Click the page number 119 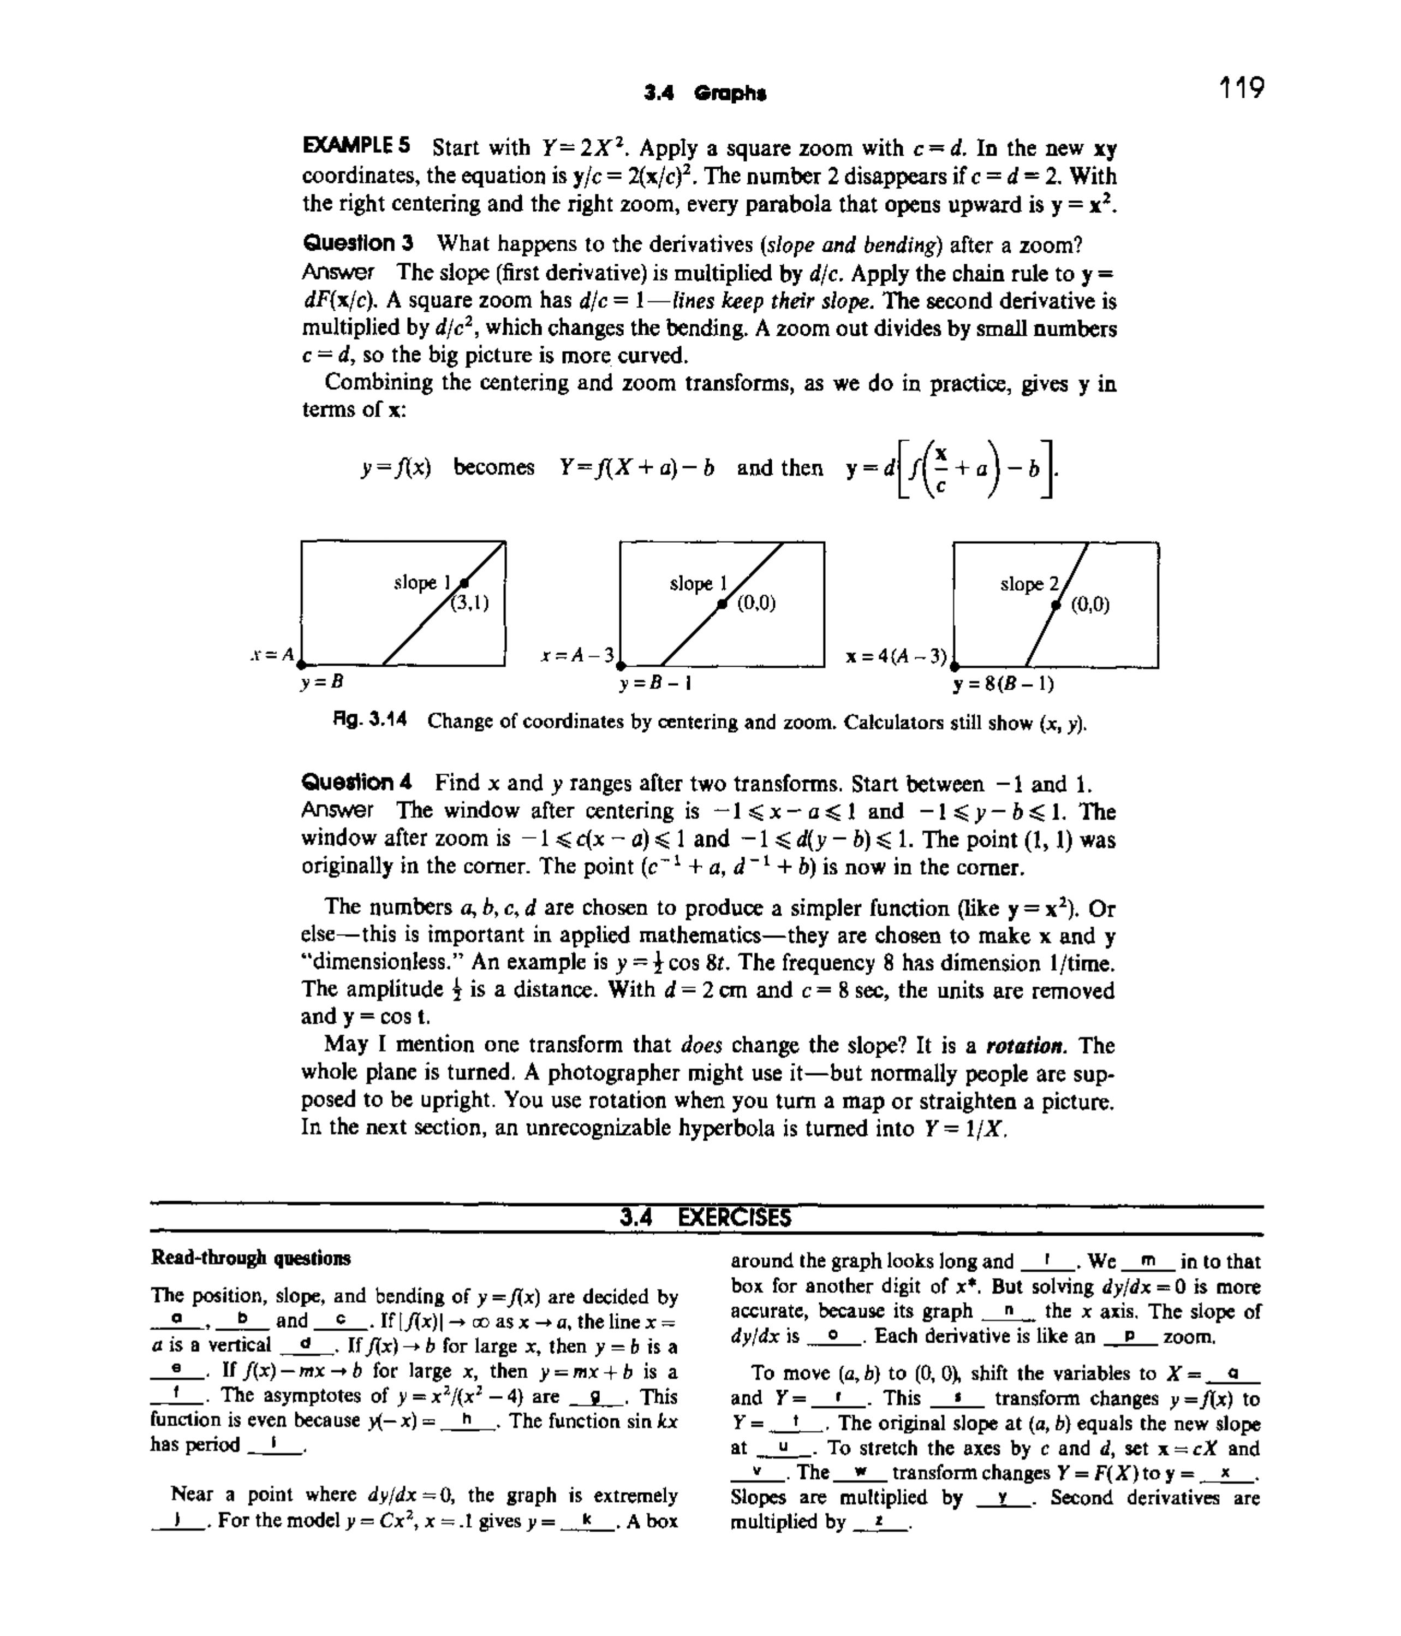tap(1240, 87)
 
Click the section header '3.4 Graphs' tap(705, 93)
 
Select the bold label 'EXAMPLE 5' tap(357, 146)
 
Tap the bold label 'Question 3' tap(357, 243)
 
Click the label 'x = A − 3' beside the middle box tap(577, 655)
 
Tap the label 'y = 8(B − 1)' tap(1003, 683)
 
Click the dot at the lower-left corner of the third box tap(954, 667)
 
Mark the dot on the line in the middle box tap(722, 605)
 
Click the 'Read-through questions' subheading tap(250, 1258)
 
